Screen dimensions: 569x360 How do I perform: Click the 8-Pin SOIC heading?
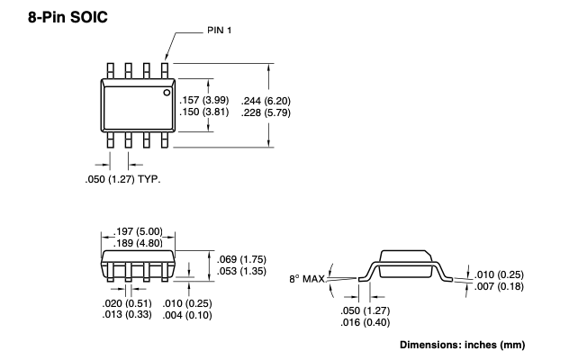point(68,17)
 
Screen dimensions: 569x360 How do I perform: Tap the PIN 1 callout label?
point(219,30)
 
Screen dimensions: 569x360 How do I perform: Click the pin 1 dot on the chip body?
point(167,93)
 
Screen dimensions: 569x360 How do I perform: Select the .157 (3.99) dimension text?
point(204,100)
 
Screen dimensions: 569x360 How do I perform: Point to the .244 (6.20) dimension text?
point(266,101)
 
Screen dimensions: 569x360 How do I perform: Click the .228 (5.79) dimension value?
point(266,112)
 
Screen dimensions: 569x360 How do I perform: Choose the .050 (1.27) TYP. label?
point(122,179)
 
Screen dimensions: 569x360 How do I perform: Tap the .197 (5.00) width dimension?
point(138,231)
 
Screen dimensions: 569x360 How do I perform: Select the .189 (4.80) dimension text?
point(138,243)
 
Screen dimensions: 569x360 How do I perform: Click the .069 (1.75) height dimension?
point(241,259)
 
